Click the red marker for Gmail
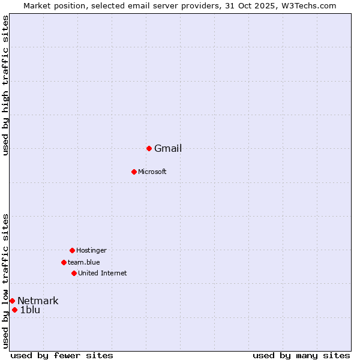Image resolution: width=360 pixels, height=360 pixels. click(149, 148)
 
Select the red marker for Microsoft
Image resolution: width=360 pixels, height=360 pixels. click(134, 172)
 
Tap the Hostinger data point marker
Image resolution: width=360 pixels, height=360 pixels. click(72, 250)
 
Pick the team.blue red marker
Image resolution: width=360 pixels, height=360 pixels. click(64, 262)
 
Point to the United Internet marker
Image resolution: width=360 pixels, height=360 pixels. click(74, 273)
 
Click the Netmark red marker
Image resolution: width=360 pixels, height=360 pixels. click(12, 301)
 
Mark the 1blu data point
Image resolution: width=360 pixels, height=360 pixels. click(14, 310)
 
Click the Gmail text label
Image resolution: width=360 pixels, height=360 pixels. click(168, 149)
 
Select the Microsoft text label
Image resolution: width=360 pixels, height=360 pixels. click(152, 172)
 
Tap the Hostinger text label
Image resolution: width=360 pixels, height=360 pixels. click(91, 250)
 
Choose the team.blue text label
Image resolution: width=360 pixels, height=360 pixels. click(84, 262)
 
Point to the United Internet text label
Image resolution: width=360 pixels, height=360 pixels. click(103, 274)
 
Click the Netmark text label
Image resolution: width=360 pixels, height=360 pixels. click(38, 301)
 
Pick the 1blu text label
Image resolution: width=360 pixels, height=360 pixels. click(30, 310)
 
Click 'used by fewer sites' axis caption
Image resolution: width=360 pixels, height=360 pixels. click(62, 356)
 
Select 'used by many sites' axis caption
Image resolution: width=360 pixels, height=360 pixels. click(301, 356)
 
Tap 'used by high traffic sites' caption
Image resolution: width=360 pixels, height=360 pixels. click(5, 85)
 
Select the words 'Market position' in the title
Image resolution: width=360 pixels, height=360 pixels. click(53, 5)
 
